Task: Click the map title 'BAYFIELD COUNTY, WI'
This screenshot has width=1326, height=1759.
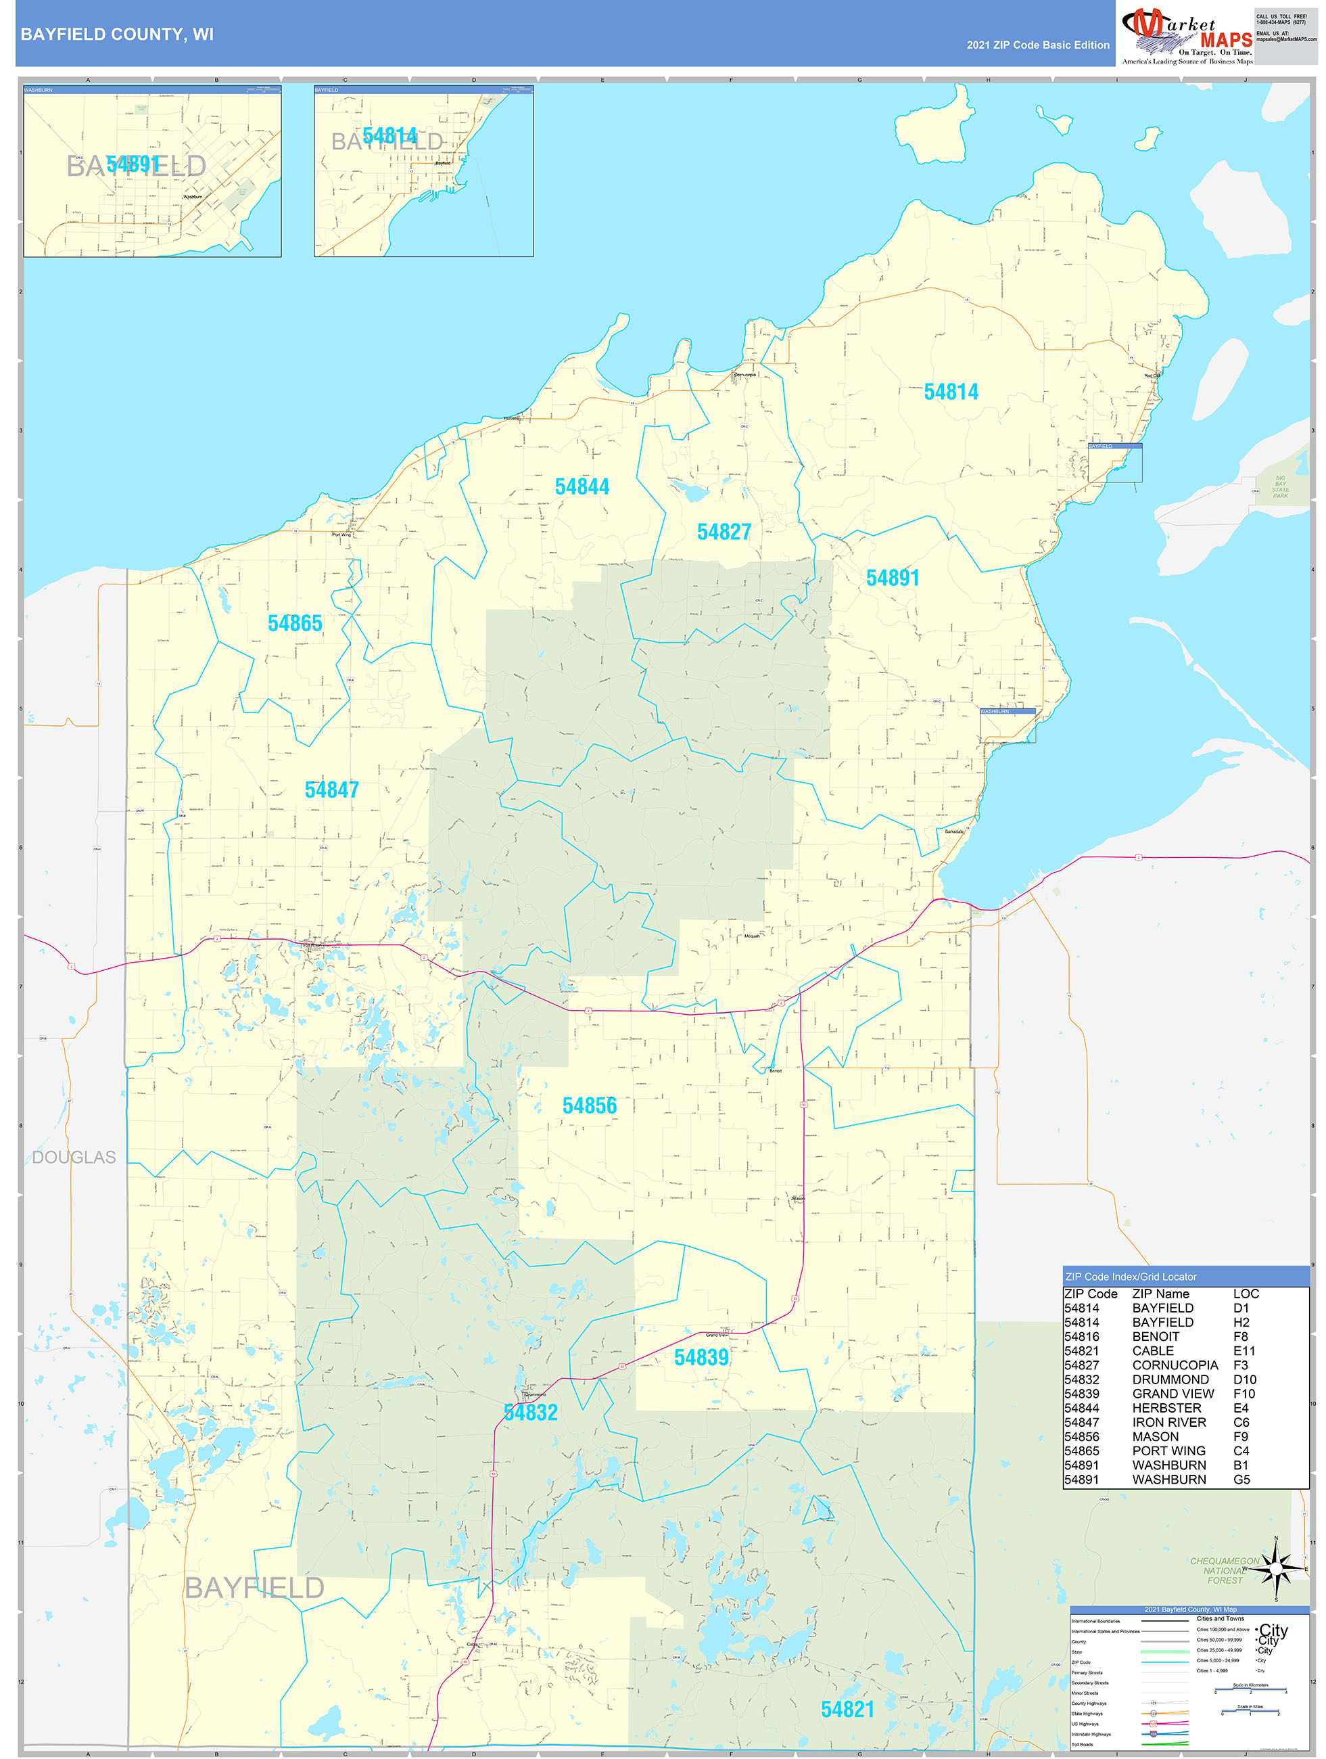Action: [x=117, y=35]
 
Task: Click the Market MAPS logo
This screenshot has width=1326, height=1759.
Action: [x=1186, y=35]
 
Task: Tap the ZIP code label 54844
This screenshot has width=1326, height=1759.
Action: [x=582, y=486]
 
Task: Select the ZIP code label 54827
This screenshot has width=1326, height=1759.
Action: [x=724, y=532]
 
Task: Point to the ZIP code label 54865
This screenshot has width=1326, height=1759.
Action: [x=295, y=624]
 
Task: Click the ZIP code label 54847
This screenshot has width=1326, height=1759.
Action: [x=331, y=790]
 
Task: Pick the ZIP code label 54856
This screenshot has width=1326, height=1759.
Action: [x=589, y=1105]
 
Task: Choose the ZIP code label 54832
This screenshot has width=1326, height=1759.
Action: [x=531, y=1413]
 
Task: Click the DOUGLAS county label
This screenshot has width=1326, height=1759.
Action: [x=74, y=1157]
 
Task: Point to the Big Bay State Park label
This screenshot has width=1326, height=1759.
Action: [x=1280, y=486]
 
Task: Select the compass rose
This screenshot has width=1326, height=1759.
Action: [x=1276, y=1569]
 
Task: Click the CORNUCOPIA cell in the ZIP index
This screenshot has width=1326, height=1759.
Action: [x=1174, y=1365]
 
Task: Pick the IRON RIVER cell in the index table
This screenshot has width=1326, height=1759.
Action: [x=1168, y=1422]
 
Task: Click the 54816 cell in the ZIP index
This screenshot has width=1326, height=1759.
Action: [x=1081, y=1336]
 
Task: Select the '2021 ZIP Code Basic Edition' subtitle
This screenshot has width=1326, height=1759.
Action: [x=1037, y=45]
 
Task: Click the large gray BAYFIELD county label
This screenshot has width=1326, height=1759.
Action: [x=254, y=1588]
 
